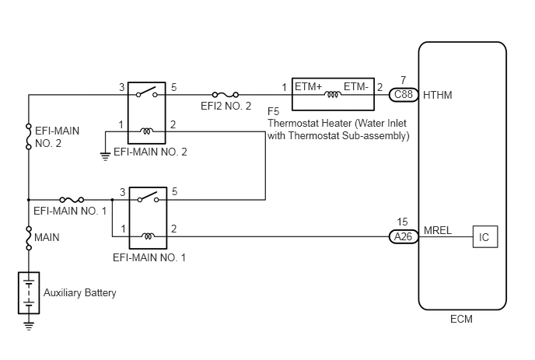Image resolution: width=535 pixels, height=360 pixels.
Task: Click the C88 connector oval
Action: [x=404, y=95]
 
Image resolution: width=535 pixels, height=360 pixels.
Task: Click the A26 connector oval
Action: [x=404, y=236]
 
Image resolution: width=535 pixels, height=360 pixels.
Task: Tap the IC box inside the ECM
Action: [x=485, y=237]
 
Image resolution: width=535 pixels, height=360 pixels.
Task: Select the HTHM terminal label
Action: [x=438, y=95]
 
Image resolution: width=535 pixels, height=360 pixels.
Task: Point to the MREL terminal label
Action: [x=438, y=230]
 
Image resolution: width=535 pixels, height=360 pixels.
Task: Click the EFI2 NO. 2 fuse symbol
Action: [x=226, y=95]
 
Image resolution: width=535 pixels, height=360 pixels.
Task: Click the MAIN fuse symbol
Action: [x=29, y=238]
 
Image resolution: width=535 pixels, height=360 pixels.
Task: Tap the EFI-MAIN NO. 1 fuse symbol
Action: [x=72, y=200]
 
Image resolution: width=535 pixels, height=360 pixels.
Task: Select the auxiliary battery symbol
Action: [x=29, y=293]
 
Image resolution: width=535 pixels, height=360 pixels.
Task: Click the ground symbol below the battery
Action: [x=29, y=326]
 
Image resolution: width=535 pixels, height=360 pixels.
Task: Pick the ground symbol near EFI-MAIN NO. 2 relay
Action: [x=106, y=156]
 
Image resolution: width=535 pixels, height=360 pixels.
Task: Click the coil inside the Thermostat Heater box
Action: [x=333, y=95]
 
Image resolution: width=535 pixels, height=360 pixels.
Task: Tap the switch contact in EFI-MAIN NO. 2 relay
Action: [x=147, y=92]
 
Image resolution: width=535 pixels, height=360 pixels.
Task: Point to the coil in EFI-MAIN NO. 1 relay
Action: [x=148, y=236]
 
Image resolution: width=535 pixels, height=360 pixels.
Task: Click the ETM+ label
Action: [x=308, y=86]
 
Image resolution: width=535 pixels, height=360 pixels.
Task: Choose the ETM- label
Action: [x=356, y=86]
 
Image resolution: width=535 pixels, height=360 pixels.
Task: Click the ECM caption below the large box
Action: [x=461, y=319]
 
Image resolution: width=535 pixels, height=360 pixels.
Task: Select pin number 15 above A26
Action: [x=402, y=222]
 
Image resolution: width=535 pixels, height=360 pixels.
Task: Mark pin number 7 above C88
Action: [x=404, y=80]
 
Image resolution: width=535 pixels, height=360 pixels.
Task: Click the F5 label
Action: [x=273, y=112]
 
